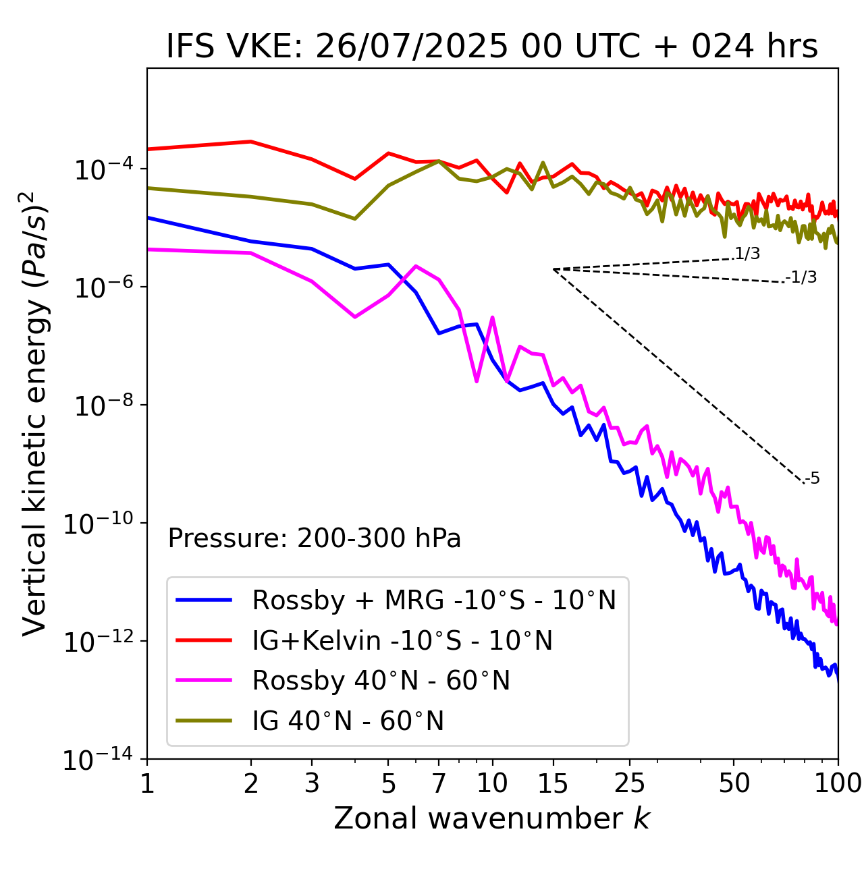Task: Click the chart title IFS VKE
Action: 492,47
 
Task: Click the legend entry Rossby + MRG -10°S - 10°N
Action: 433,600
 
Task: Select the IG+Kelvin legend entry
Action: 402,640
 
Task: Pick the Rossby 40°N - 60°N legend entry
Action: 381,681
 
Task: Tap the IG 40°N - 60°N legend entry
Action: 348,721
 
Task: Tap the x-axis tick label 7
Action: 439,783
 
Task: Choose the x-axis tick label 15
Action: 553,783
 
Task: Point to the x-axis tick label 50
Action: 734,783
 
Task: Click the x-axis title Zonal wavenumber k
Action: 492,819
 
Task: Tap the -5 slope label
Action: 813,479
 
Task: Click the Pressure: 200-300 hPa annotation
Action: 314,539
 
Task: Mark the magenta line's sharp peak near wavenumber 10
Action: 492,317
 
